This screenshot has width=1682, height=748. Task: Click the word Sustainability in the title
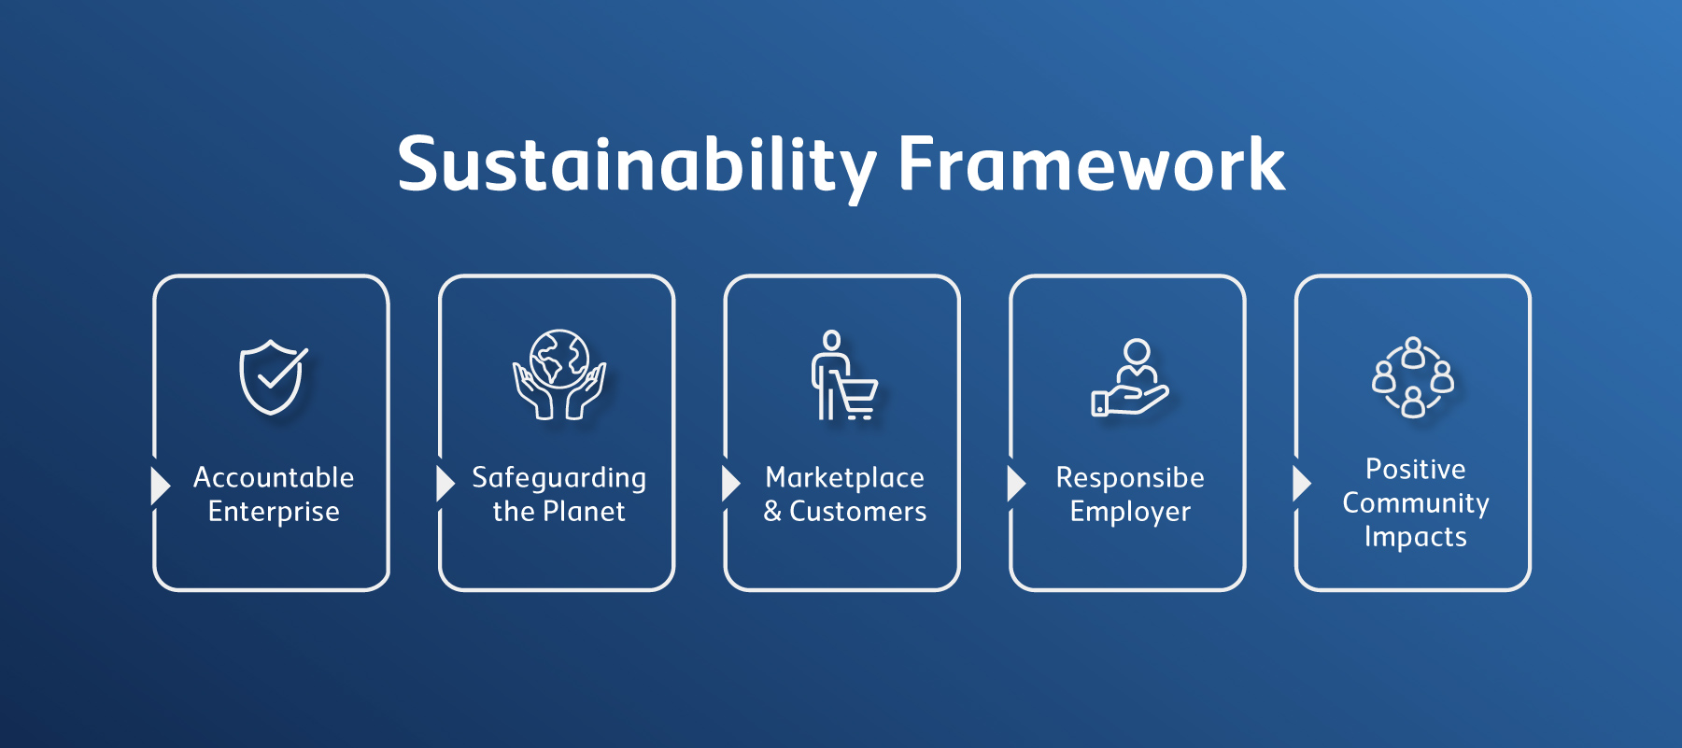point(637,166)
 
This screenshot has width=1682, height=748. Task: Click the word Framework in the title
point(1092,164)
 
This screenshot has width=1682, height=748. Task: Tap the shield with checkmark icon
point(273,376)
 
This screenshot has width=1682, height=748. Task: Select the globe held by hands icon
point(559,374)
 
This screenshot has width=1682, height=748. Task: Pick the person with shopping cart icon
point(843,374)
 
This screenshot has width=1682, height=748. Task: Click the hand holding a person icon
point(1130,377)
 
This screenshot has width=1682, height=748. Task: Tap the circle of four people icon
point(1413,376)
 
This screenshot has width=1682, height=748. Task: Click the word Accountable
point(274,477)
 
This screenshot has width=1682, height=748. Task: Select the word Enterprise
point(274,512)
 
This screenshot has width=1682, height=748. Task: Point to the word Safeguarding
point(558,478)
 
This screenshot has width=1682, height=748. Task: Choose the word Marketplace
point(845,478)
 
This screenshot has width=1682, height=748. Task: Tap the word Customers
point(858,512)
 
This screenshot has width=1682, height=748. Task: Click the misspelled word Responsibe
point(1130,478)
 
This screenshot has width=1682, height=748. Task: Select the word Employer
point(1130,512)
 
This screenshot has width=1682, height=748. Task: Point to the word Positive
point(1416,469)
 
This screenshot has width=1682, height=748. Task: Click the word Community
point(1416,503)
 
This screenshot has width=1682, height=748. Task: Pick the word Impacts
point(1416,537)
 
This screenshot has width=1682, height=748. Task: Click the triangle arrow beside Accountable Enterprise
point(160,485)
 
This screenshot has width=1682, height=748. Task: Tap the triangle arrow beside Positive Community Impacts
point(1301,483)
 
